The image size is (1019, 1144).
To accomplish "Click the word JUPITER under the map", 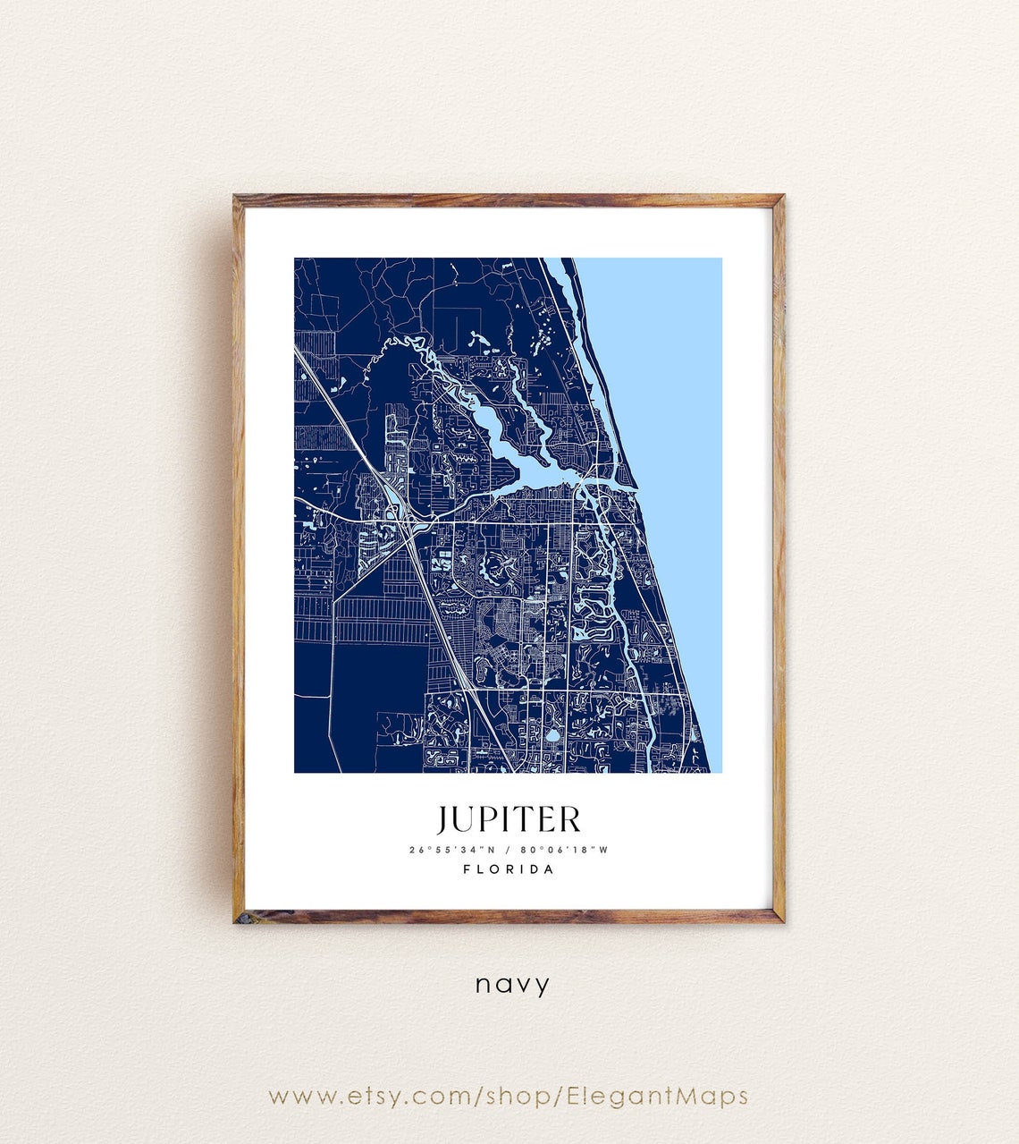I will click(509, 819).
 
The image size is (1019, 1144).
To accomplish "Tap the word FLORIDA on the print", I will click(509, 869).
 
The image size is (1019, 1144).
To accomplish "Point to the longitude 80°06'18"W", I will click(568, 850).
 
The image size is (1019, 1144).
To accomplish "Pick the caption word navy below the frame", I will click(512, 985).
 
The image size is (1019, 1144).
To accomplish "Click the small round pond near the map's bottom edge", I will click(552, 737).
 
